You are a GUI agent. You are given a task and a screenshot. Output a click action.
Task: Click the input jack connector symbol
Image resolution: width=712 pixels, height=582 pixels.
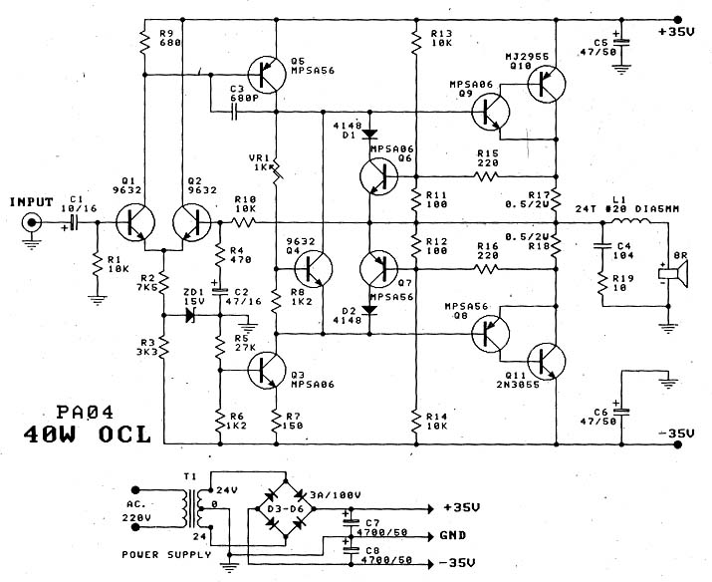(32, 224)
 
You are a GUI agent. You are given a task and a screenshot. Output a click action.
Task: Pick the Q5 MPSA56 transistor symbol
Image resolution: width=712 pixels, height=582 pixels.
(266, 72)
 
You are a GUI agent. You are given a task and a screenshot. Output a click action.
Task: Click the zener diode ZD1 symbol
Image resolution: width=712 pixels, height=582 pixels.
(190, 313)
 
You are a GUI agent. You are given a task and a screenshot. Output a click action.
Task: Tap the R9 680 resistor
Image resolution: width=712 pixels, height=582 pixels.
(143, 43)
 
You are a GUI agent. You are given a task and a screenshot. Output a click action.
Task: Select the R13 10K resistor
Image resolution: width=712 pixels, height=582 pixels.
(414, 41)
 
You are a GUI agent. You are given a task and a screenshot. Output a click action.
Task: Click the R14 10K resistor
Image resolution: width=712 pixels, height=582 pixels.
(414, 419)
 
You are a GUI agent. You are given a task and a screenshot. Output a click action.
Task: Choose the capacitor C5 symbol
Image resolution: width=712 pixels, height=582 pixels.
(620, 46)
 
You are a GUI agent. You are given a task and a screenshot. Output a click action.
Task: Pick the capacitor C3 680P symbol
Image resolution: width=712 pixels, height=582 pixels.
(234, 113)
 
